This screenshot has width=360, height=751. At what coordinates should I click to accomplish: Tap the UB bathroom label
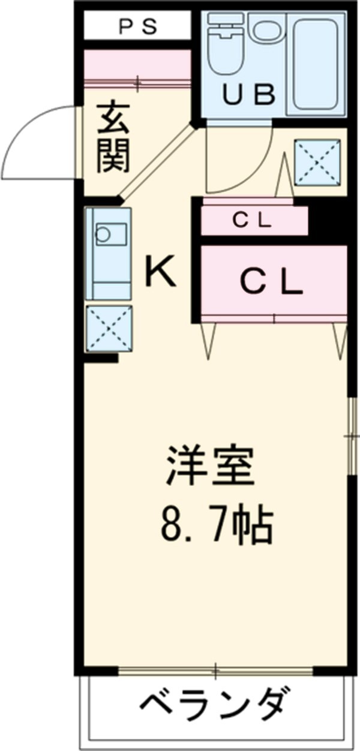pyautogui.click(x=250, y=94)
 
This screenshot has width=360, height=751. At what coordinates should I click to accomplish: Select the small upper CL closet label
pyautogui.click(x=252, y=221)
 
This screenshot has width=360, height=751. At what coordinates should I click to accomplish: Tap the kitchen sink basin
pyautogui.click(x=111, y=232)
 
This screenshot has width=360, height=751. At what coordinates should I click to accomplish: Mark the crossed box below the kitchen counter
pyautogui.click(x=109, y=328)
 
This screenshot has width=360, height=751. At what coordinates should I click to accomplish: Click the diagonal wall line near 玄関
pyautogui.click(x=157, y=161)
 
